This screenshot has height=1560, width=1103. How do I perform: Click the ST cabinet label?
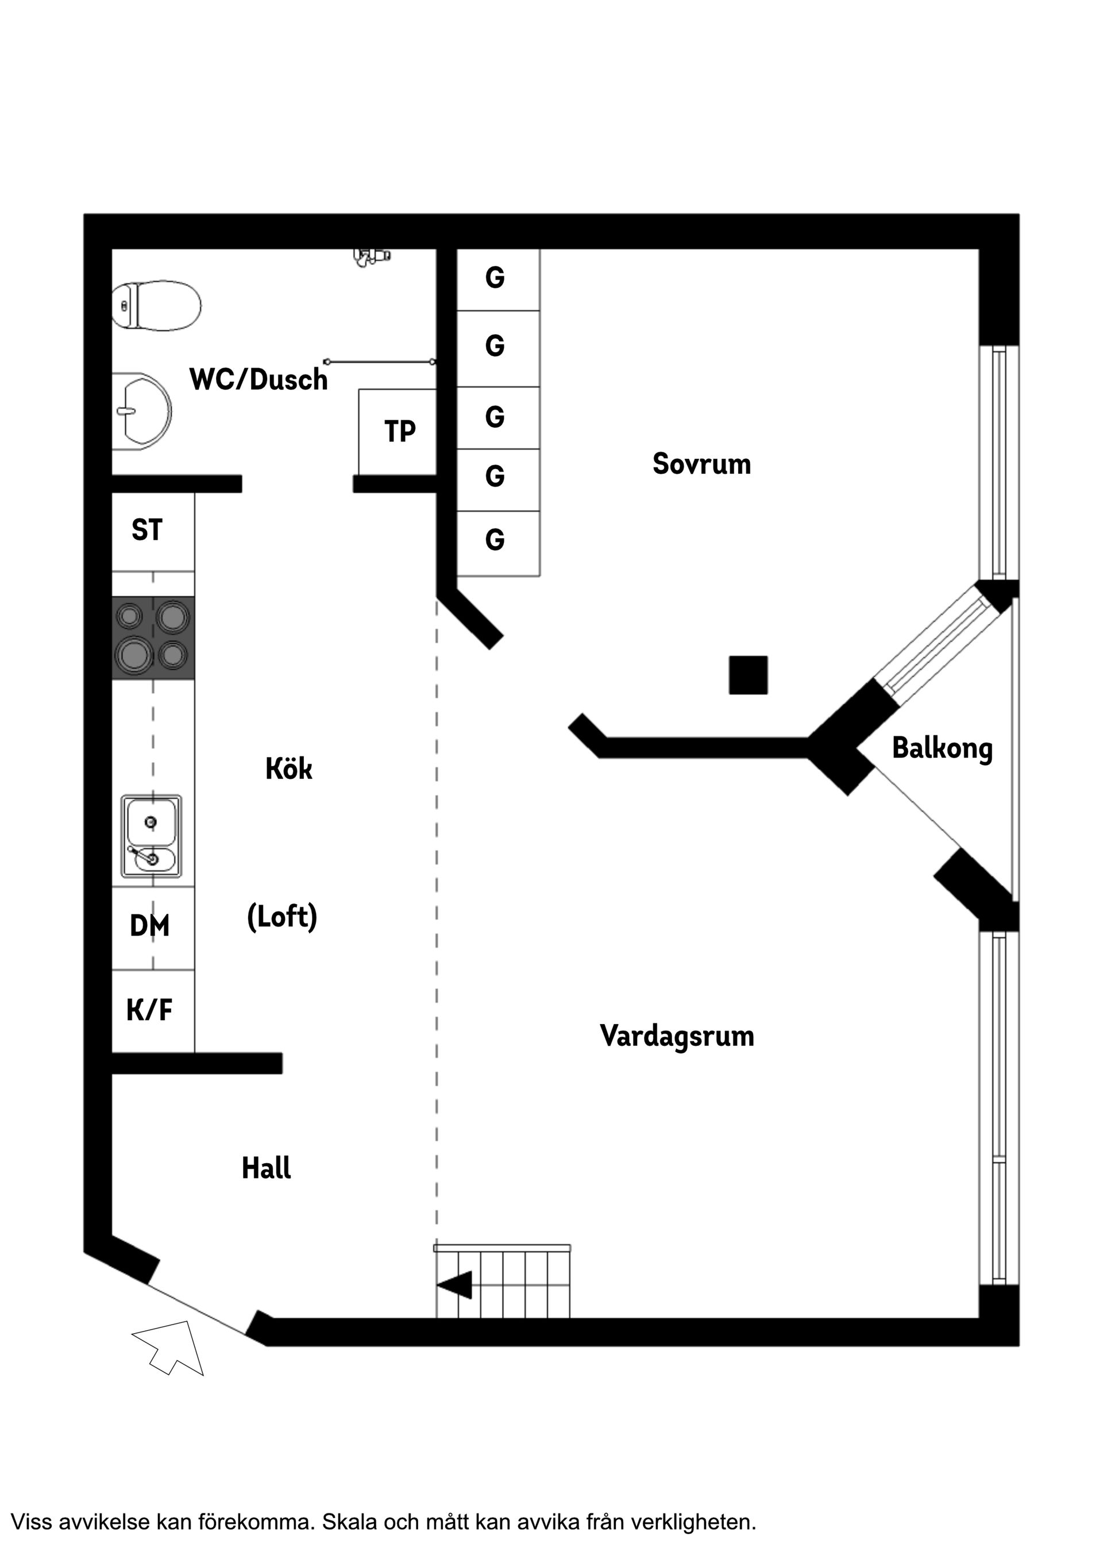tap(147, 531)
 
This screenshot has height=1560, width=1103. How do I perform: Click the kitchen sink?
tap(152, 836)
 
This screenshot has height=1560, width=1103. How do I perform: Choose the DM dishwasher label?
tap(149, 926)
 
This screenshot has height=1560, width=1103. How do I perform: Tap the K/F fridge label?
tap(149, 1010)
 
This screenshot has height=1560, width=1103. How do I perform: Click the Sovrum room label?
tap(701, 464)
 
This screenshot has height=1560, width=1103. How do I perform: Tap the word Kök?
tap(289, 769)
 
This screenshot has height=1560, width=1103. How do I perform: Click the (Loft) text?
tap(282, 917)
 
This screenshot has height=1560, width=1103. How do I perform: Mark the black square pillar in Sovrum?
tap(748, 675)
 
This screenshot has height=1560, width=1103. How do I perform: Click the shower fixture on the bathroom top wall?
tap(371, 256)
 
